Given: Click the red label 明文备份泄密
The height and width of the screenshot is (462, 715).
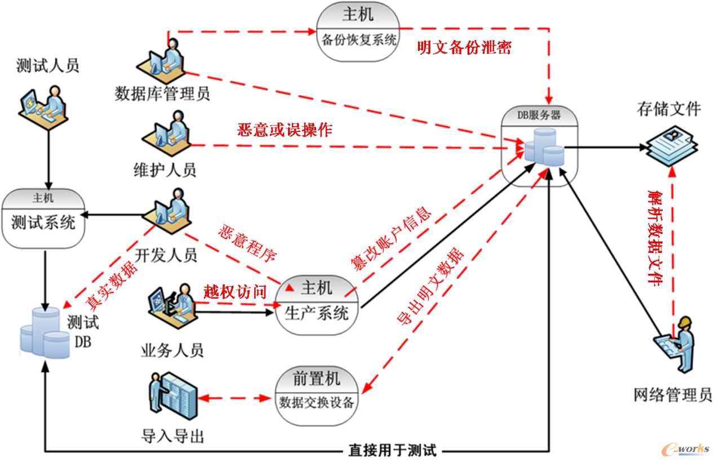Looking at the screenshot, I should [464, 48].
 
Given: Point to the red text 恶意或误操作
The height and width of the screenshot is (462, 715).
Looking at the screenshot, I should [285, 130].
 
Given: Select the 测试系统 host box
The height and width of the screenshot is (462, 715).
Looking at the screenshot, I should [43, 219].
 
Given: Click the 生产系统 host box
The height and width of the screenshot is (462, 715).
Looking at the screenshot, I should [317, 304].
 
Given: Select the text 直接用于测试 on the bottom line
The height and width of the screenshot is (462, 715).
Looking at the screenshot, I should [392, 451].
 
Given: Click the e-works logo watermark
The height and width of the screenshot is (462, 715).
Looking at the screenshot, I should [686, 449].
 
